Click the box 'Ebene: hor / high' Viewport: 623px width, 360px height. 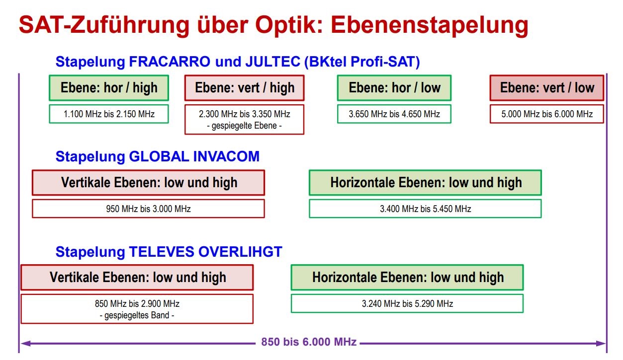click(x=109, y=88)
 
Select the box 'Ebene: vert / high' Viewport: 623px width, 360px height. click(x=245, y=88)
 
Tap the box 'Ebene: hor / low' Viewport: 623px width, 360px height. click(x=394, y=88)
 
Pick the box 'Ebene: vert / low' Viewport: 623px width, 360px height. click(x=547, y=88)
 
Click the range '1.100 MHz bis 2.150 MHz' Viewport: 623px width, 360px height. click(x=109, y=114)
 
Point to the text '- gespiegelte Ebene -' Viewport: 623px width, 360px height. click(x=245, y=126)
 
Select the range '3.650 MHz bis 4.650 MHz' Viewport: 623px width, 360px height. click(x=394, y=114)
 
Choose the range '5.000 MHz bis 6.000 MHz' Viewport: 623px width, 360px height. click(x=547, y=114)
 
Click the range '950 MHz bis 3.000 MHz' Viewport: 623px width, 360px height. click(x=148, y=209)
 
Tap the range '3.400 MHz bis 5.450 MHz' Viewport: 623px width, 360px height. click(x=425, y=209)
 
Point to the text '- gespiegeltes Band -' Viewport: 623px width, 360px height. click(x=137, y=315)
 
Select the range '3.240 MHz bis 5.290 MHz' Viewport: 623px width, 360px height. click(x=407, y=303)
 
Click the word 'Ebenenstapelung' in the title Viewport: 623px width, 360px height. click(x=430, y=25)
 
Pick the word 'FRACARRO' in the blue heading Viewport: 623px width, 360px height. click(x=170, y=62)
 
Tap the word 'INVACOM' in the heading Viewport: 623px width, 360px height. click(x=226, y=156)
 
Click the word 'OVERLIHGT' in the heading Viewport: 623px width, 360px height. click(x=240, y=252)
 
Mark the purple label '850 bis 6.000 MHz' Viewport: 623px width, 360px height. click(x=309, y=342)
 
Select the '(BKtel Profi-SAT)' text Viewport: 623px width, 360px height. click(x=362, y=62)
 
